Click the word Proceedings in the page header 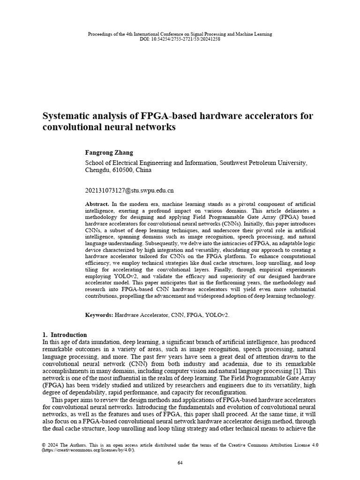[99, 34]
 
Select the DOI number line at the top [180, 39]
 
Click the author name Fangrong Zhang [109, 152]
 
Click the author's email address [129, 191]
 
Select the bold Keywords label [99, 315]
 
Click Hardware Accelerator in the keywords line [142, 315]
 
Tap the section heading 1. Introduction [65, 335]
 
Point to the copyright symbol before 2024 [44, 445]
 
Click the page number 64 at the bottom [180, 463]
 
